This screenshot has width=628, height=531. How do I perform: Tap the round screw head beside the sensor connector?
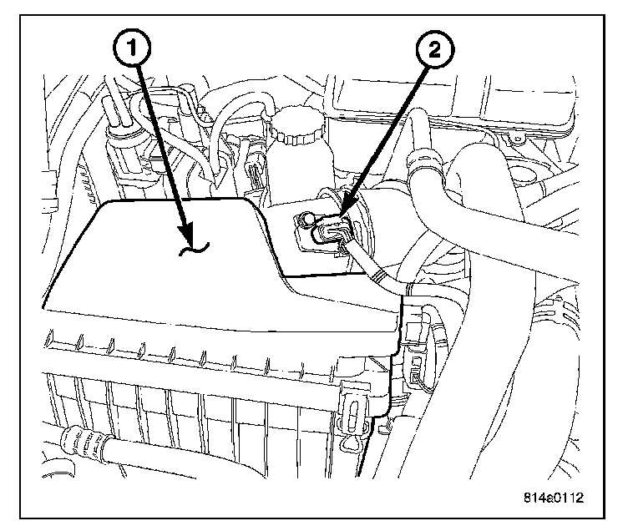pyautogui.click(x=304, y=221)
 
